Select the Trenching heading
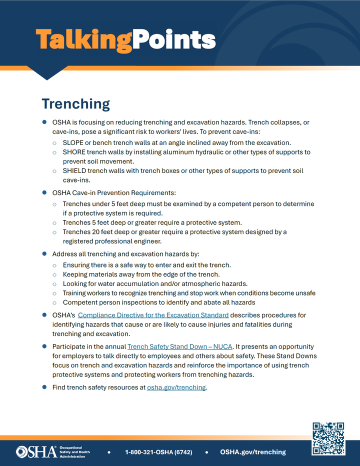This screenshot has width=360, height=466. pos(75,103)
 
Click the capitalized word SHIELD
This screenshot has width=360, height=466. pos(74,171)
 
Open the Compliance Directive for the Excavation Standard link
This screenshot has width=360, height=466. pos(153,315)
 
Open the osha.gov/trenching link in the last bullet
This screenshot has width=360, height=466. pos(176,387)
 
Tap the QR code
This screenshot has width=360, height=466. pos(328,438)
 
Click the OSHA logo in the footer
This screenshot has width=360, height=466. pos(36,451)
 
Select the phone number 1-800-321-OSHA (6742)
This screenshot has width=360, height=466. pos(158,452)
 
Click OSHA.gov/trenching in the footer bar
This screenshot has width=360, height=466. pos(252,452)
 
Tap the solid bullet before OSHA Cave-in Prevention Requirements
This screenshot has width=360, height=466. pos(45,192)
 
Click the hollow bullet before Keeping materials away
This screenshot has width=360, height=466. pos(54,274)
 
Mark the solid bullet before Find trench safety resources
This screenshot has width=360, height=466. pos(45,387)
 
